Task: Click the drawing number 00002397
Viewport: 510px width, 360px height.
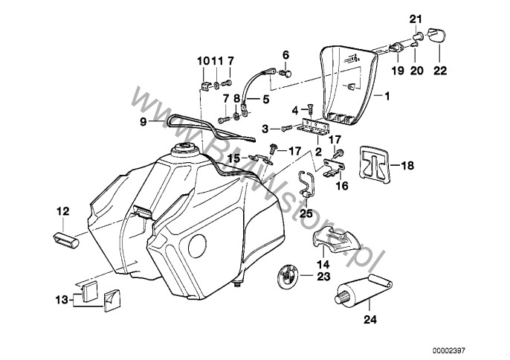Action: coord(467,348)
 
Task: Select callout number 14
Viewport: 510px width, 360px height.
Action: coord(324,263)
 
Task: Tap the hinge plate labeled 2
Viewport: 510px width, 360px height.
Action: coord(314,128)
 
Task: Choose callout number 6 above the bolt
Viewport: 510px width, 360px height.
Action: coord(285,54)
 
